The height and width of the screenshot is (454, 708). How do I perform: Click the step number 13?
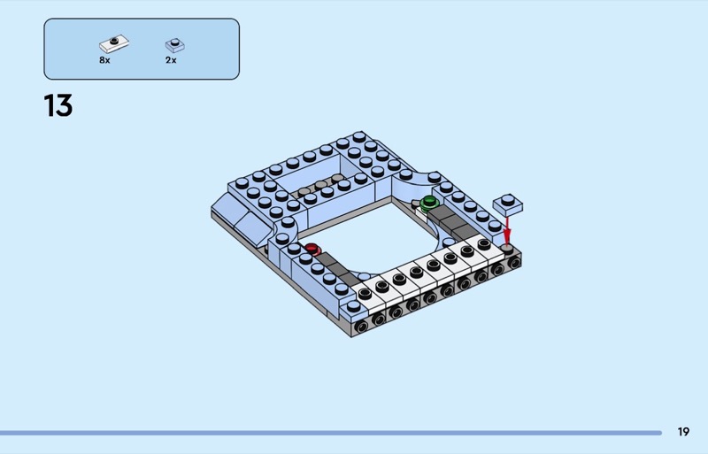[58, 105]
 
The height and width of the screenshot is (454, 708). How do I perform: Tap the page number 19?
[683, 431]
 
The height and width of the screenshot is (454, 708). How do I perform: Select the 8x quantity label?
[104, 60]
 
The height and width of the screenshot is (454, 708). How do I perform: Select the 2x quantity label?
[171, 60]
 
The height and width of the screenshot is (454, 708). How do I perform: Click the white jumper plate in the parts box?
[114, 44]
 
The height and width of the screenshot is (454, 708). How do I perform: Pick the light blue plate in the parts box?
[174, 45]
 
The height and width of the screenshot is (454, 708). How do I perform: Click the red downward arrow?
[507, 230]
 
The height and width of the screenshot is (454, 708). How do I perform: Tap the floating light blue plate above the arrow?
[507, 204]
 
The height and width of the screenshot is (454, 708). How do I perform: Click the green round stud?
[428, 203]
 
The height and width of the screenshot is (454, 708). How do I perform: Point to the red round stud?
[312, 249]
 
